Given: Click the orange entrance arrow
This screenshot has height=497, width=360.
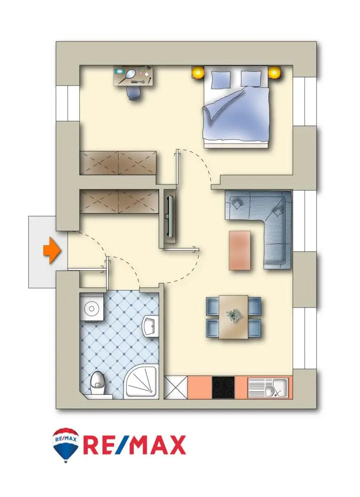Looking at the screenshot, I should coord(52,251).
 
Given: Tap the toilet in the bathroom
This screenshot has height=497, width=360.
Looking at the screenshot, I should coord(97,383).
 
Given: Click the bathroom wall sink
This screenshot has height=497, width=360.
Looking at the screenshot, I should coord(150,326).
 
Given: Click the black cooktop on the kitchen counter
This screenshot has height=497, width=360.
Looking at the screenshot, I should coord(223,387).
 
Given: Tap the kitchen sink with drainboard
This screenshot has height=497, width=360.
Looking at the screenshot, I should coord(268,387).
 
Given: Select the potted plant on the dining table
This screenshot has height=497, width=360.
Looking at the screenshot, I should coord(233,315).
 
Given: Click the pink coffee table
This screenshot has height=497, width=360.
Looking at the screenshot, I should coord(240,250).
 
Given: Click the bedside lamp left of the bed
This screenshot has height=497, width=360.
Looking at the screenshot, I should coord(198,72).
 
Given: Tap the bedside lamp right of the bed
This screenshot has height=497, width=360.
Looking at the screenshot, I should coord(274,73).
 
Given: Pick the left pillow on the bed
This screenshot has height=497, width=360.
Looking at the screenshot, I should coord(220,79).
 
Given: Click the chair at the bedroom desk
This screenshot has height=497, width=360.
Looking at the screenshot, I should coord(133,92).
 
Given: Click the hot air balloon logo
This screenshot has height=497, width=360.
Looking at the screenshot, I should coord(66,444).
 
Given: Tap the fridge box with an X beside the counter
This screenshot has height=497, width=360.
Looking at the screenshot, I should coord(176,387).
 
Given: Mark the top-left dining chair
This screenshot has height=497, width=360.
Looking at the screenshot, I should coord(212,306).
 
